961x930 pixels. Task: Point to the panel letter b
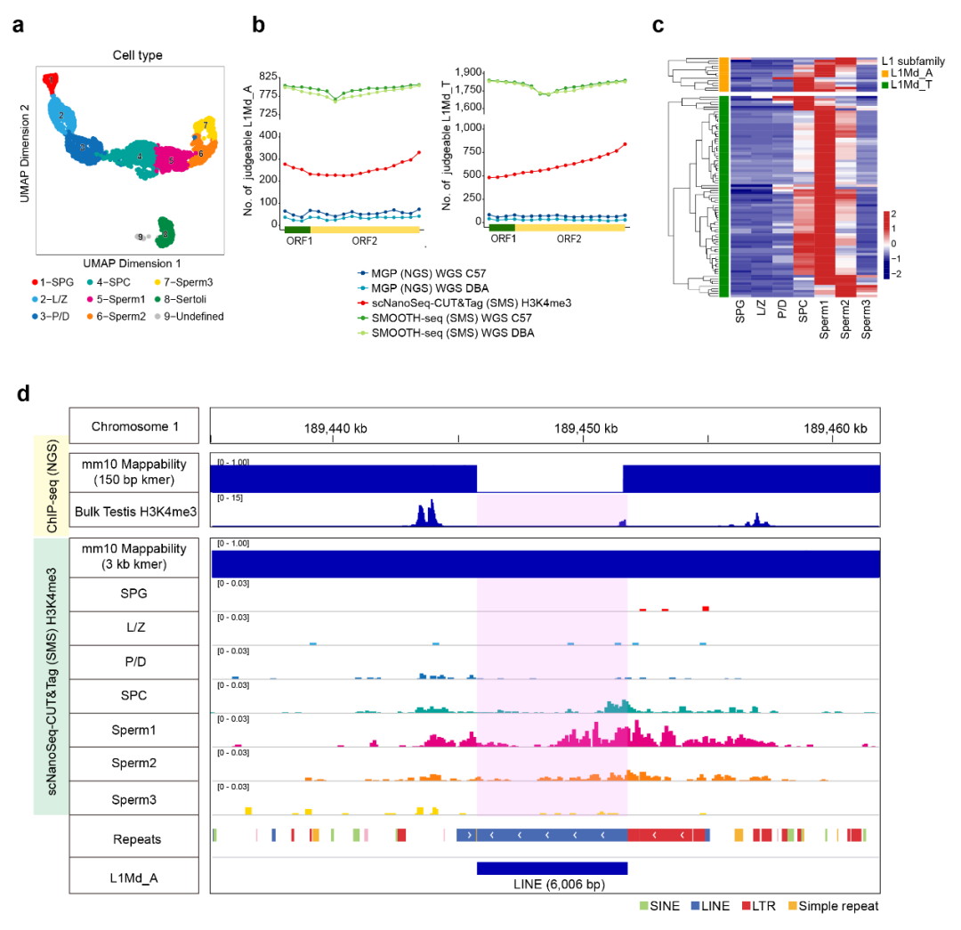coord(258,25)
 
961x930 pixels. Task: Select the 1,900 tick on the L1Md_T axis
coord(467,72)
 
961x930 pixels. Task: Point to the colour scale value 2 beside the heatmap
coord(892,214)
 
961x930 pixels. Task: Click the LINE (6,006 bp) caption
coord(552,884)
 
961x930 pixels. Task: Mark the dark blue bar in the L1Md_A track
coord(552,868)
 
